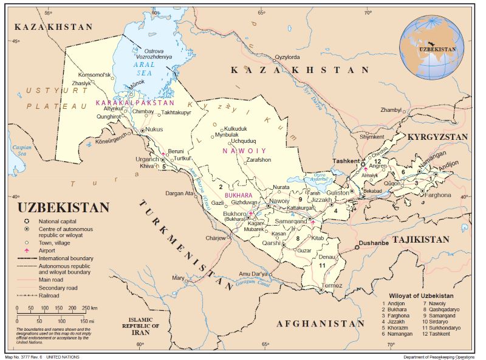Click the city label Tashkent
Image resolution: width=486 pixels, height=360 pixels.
(x=346, y=161)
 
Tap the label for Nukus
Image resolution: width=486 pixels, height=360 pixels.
(x=155, y=130)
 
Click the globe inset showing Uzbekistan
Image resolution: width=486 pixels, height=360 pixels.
(x=432, y=46)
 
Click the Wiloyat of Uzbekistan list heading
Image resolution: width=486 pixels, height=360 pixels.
(x=421, y=296)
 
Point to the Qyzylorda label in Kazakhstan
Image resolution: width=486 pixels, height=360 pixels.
(x=288, y=57)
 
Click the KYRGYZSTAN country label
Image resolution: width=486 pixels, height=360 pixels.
(x=437, y=137)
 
